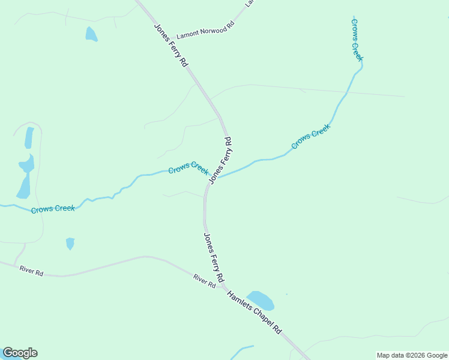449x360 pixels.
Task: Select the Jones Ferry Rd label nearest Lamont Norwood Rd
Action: coord(171,45)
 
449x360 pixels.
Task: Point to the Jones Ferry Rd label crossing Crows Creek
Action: coord(220,160)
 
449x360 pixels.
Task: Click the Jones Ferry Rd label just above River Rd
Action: coord(213,257)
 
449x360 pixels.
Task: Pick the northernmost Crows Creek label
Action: coord(357,40)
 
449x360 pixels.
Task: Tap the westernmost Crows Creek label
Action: coord(53,209)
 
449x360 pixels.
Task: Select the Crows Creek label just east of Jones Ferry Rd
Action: coord(311,137)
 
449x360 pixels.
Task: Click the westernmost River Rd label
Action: coord(31,272)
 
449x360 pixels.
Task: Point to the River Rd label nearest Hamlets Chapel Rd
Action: coord(204,280)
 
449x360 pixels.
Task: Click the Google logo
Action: coord(20,353)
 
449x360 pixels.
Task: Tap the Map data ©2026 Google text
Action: coord(412,355)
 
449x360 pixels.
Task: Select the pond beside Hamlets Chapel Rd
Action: coord(261,299)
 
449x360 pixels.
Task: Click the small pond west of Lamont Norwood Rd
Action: coord(91,34)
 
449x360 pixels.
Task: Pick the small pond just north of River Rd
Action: coord(70,243)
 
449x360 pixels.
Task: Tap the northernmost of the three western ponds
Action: coord(29,137)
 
